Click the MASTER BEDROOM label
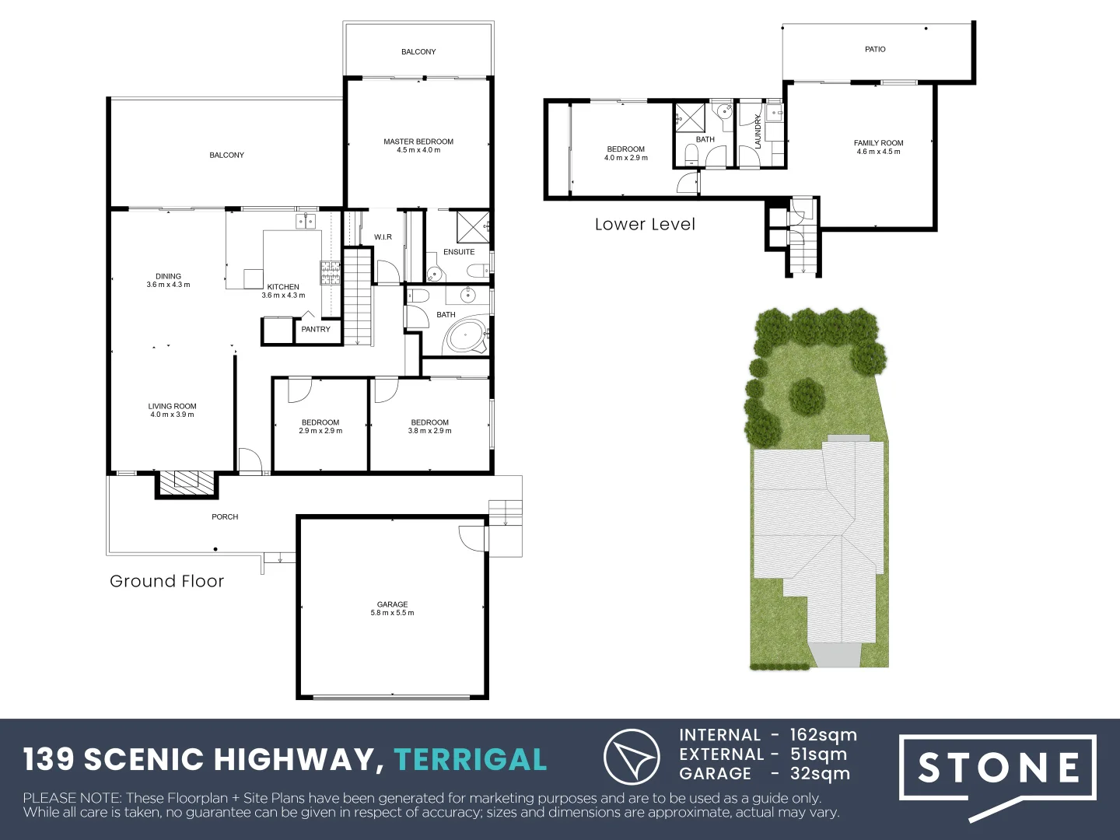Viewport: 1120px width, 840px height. click(418, 142)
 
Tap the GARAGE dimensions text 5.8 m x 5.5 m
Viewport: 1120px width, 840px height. click(392, 613)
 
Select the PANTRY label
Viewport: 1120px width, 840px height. click(316, 329)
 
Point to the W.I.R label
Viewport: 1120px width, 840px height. click(383, 237)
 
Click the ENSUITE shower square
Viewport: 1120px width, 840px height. click(471, 226)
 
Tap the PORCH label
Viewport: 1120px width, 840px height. click(225, 516)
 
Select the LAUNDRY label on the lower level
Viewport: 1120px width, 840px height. click(758, 131)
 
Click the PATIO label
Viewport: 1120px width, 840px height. click(875, 49)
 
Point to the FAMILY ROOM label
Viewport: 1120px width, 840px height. click(878, 143)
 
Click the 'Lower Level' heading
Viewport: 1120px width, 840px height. click(645, 225)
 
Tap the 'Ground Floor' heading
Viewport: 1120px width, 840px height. click(166, 582)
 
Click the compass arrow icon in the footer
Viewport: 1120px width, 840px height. click(632, 757)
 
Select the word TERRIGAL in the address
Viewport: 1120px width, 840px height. click(471, 760)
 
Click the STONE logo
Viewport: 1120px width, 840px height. click(999, 768)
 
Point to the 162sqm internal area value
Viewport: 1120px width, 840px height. click(823, 735)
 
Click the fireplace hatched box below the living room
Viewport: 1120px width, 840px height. click(186, 481)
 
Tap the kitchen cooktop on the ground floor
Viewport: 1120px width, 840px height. click(330, 272)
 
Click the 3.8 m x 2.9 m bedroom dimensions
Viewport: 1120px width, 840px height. click(429, 431)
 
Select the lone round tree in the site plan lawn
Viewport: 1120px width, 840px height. click(807, 396)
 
